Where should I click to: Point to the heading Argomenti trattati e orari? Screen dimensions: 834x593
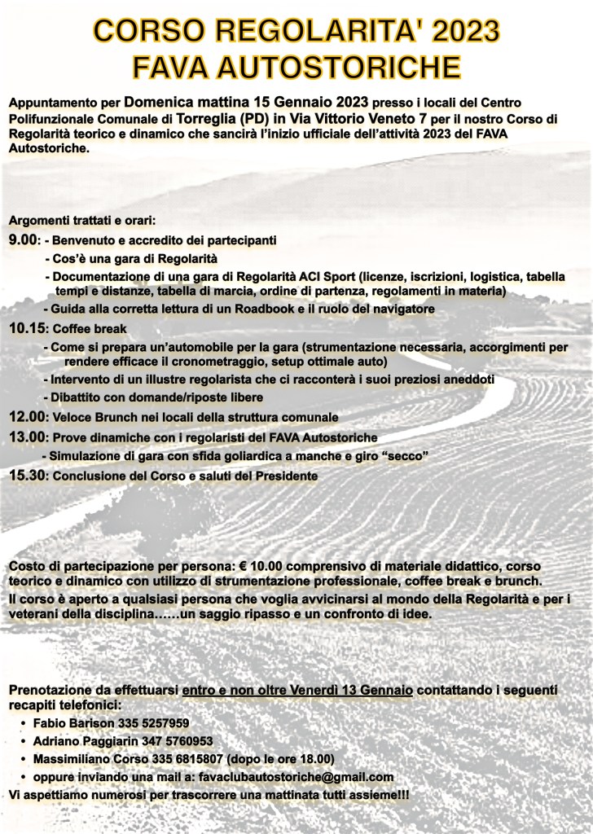(x=81, y=221)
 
